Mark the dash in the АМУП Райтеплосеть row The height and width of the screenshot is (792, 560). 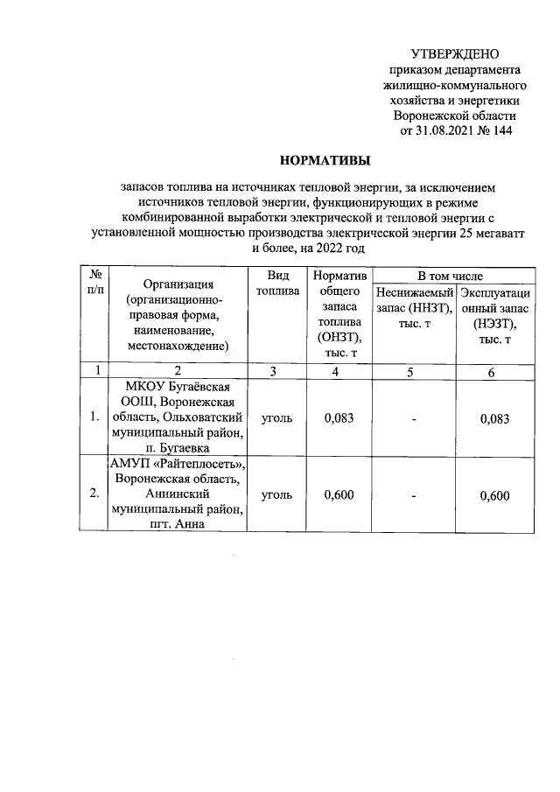click(x=414, y=494)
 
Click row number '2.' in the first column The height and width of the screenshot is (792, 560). click(x=94, y=494)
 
